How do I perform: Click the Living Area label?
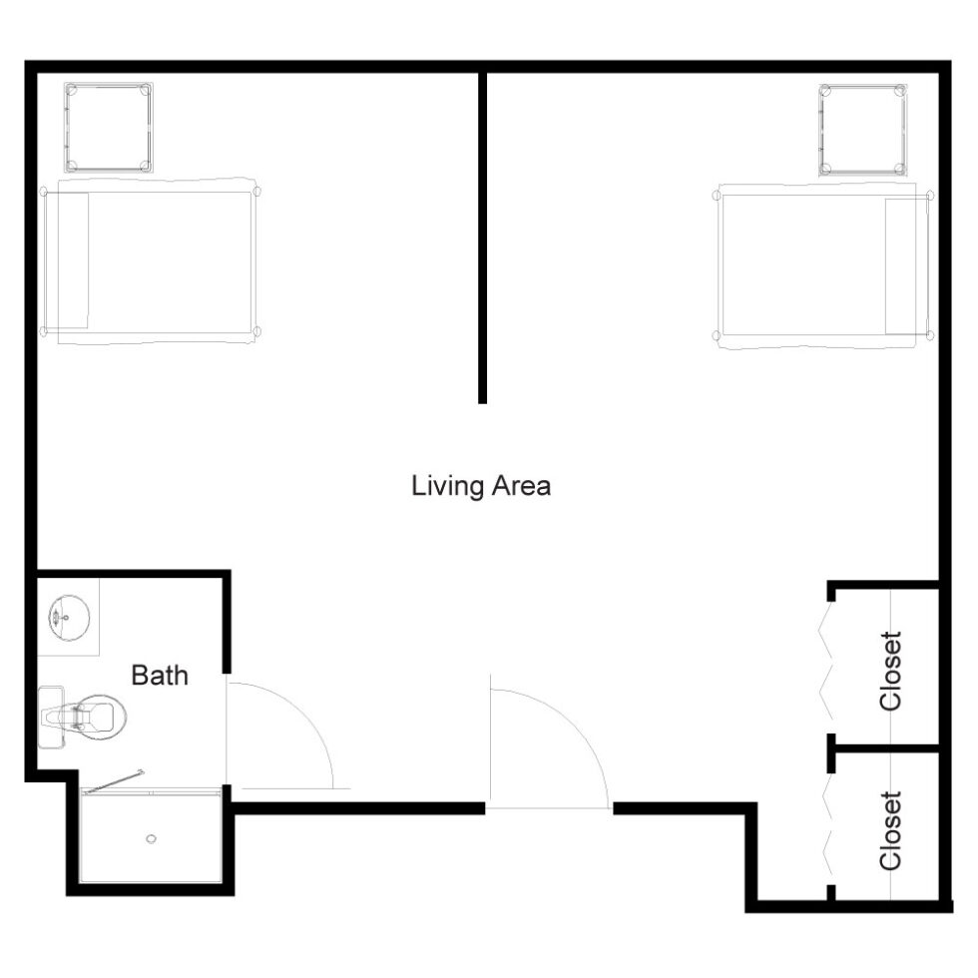tap(481, 486)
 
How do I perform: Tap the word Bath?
tap(160, 675)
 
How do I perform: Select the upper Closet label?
tap(890, 671)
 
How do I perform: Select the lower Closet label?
tap(890, 830)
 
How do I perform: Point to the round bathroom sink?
tap(69, 618)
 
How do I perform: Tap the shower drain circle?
tap(151, 839)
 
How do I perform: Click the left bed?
tap(150, 261)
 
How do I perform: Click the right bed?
tap(822, 265)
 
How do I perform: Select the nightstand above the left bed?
tap(109, 128)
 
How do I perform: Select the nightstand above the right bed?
tap(863, 131)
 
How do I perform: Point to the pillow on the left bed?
tap(66, 260)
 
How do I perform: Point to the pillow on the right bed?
tap(907, 266)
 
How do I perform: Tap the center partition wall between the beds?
tap(482, 238)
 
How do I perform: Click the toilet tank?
tap(51, 718)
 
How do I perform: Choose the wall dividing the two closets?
tap(886, 746)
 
